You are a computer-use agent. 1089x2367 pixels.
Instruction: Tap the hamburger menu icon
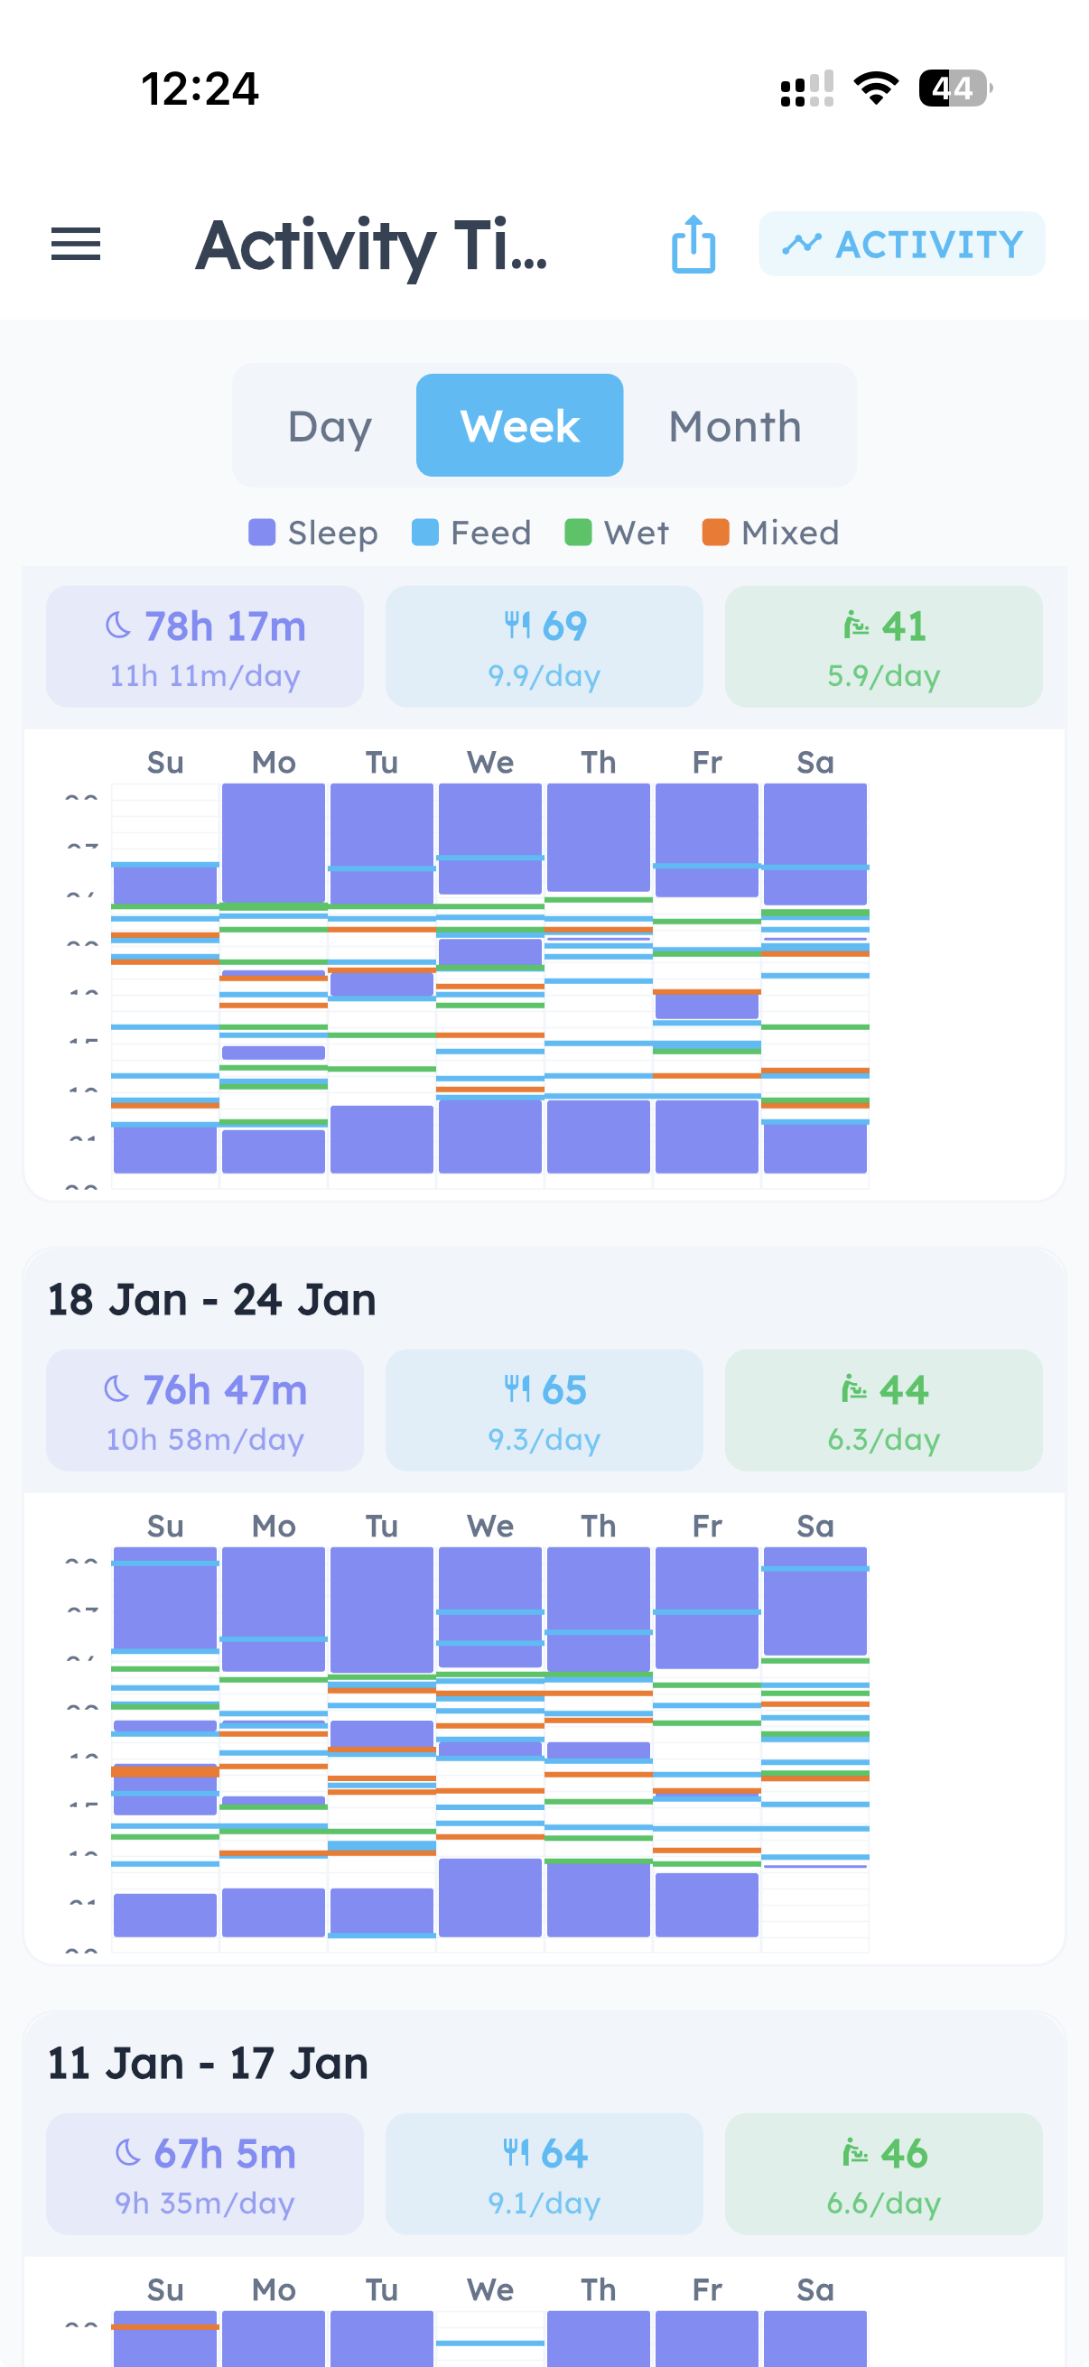(75, 245)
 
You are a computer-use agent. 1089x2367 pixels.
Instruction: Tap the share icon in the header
(693, 245)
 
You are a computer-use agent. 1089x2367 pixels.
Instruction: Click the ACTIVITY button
(901, 245)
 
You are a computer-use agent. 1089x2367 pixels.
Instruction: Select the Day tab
(329, 426)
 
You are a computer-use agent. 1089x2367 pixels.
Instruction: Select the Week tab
(519, 426)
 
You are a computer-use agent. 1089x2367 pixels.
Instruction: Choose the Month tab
(734, 426)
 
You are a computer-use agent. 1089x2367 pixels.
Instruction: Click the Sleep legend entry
(313, 533)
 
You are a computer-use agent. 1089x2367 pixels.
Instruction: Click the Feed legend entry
(471, 533)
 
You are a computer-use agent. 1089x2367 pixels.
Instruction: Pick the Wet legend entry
(617, 533)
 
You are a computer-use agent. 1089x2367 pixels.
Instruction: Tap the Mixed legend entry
(770, 533)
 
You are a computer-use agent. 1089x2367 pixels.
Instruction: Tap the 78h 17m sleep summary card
(205, 647)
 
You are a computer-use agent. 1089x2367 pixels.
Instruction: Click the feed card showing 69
(544, 647)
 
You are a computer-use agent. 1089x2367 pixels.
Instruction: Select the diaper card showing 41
(883, 647)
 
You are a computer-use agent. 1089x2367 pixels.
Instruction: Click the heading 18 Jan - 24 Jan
(212, 1300)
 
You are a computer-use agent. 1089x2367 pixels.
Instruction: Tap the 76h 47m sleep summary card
(205, 1410)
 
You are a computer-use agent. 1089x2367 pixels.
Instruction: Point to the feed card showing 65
(544, 1410)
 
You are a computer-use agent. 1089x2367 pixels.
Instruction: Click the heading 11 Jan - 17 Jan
(209, 2064)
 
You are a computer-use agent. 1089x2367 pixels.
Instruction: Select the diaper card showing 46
(883, 2174)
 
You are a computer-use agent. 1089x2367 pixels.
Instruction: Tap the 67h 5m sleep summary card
(205, 2174)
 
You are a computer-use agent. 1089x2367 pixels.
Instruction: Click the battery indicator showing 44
(954, 89)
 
